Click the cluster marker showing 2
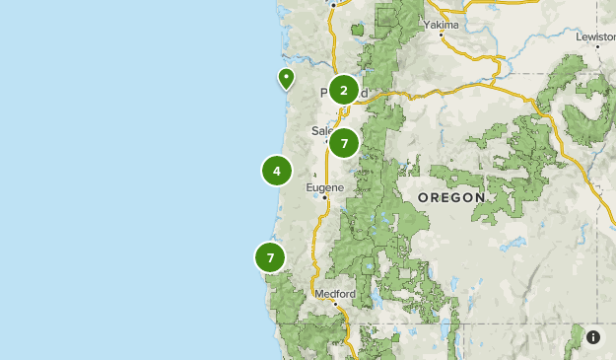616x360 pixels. pos(343,91)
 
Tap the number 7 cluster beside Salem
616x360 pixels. pos(344,143)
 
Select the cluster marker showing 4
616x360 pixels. pos(277,171)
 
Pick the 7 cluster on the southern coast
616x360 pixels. pos(270,257)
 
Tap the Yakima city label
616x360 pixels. pos(442,24)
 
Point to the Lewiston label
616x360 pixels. pos(595,36)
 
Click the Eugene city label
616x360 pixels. pos(324,186)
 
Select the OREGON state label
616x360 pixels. pos(451,197)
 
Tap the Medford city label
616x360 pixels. pos(334,294)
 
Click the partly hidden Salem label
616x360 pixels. pos(320,130)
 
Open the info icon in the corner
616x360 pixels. pos(593,337)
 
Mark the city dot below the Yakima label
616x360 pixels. pos(442,36)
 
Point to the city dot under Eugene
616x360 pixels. pos(325,198)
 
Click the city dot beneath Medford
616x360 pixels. pos(335,305)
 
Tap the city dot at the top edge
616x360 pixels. pos(333,4)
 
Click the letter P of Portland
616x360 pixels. pos(323,94)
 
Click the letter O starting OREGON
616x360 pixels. pos(423,197)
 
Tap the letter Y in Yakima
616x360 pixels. pos(427,24)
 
